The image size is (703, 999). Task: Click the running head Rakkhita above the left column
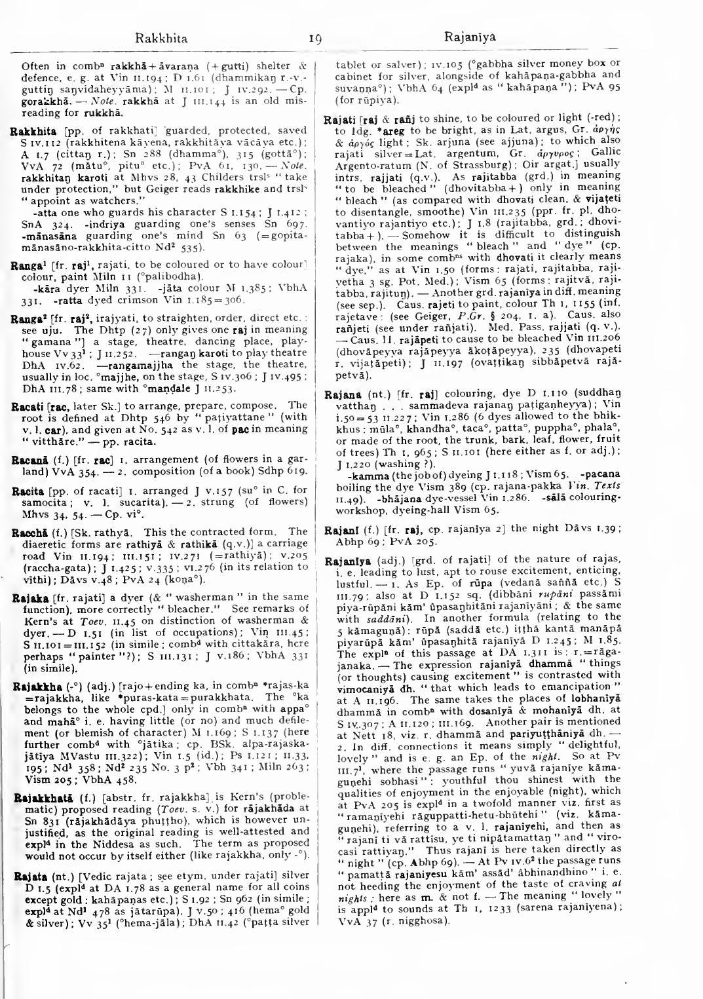tap(161, 38)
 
